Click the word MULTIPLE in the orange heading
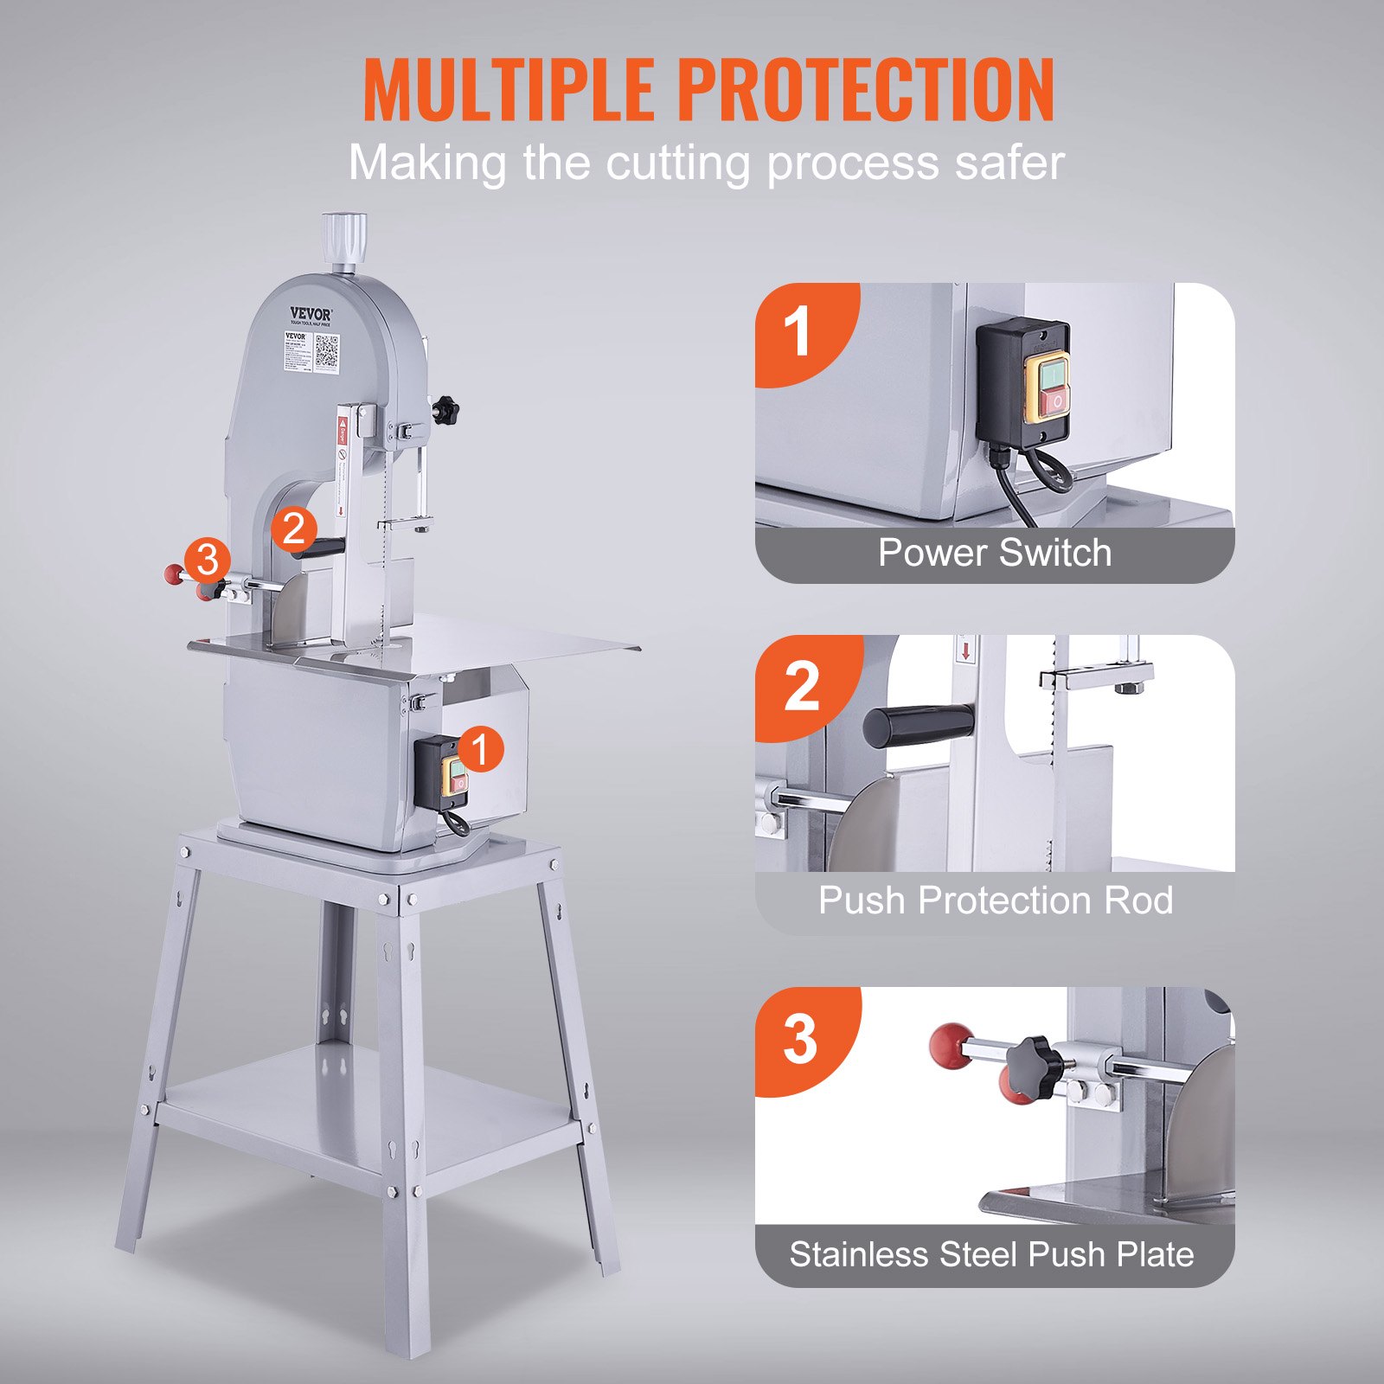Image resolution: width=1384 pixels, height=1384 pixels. coord(509,90)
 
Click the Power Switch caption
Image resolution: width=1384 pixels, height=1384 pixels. coord(995,553)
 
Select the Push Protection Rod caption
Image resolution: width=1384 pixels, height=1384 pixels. coord(995,900)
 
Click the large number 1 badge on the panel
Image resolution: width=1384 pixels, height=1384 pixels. coord(798,332)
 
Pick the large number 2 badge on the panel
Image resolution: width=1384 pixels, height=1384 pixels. coord(801,686)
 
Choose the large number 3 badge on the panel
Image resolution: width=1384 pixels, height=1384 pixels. coord(800,1039)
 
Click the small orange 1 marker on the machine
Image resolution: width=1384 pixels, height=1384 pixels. coord(480,749)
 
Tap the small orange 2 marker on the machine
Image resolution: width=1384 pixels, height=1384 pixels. coord(294,529)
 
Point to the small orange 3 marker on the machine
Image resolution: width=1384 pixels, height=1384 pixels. coord(208,560)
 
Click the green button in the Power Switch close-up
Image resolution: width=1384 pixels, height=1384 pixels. coord(1053,375)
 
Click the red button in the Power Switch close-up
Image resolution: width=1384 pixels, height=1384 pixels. coord(1053,403)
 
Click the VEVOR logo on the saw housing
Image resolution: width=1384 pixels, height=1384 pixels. coord(310,314)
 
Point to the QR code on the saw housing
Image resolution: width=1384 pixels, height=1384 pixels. coord(327,351)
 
